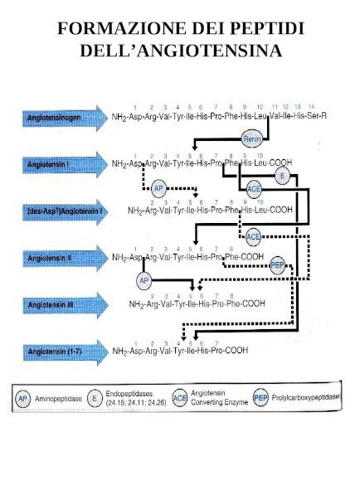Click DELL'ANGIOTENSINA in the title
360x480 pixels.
(x=180, y=51)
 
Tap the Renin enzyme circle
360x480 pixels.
(x=252, y=139)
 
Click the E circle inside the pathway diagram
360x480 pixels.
(x=282, y=177)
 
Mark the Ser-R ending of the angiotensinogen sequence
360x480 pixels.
(x=316, y=117)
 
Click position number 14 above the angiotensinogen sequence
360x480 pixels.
(x=311, y=108)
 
